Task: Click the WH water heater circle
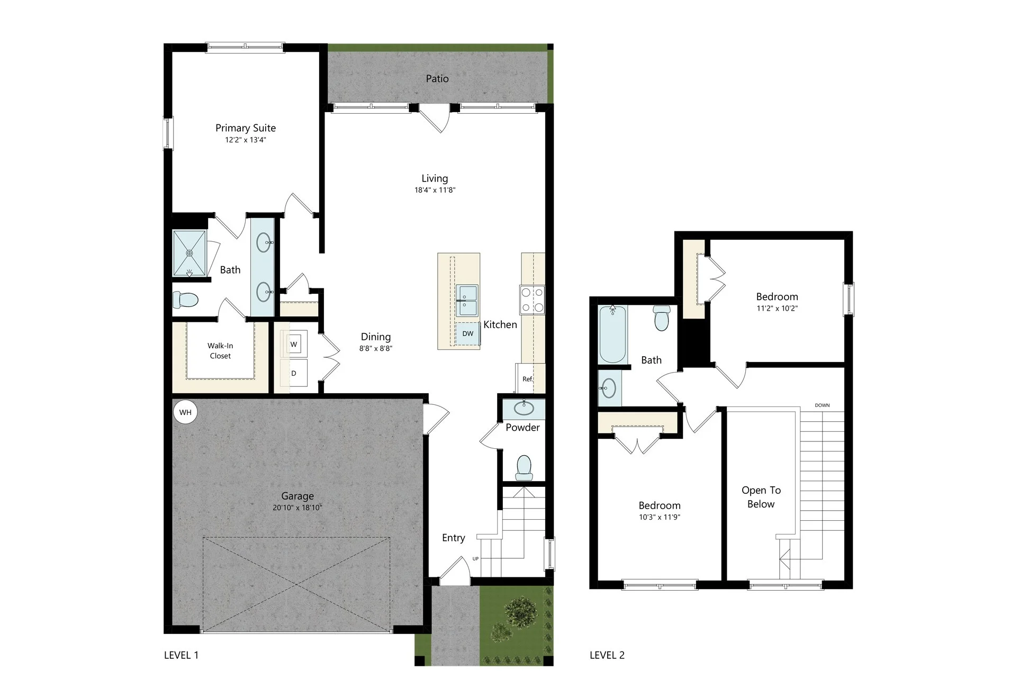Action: (185, 412)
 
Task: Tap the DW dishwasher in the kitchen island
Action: (467, 333)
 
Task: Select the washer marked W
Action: (294, 345)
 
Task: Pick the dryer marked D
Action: (294, 373)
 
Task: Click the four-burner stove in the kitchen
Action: (532, 300)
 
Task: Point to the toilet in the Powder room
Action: (524, 468)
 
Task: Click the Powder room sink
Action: (524, 409)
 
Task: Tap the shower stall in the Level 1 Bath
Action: (190, 253)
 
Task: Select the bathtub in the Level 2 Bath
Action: (612, 334)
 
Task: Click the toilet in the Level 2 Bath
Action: (661, 318)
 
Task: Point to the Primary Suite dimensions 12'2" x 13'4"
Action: (246, 140)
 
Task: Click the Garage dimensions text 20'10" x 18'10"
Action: (297, 508)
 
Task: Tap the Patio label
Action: (437, 79)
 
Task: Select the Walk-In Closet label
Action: (220, 351)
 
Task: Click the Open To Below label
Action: (761, 497)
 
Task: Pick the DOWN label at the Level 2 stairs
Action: (822, 405)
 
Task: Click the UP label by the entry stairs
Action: (475, 559)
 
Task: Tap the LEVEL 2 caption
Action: (607, 655)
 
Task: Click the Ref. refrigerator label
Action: (528, 379)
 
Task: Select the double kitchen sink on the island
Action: (467, 301)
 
